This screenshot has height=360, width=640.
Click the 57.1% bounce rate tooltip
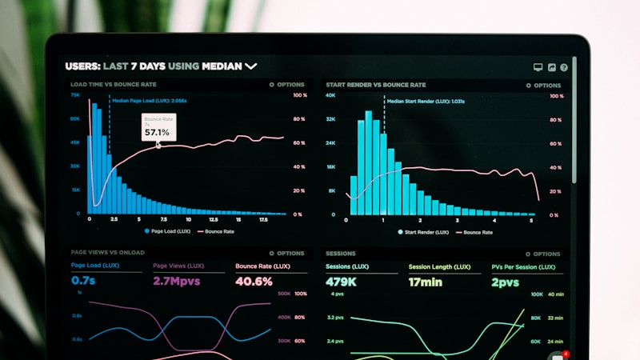coord(158,128)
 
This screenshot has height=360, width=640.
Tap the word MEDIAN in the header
coord(222,66)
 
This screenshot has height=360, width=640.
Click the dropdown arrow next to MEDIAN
coord(251,66)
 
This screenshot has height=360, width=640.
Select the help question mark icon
coord(564,68)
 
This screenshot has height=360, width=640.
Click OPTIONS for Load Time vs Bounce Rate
coord(287,85)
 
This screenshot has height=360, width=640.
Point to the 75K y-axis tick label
coord(74,94)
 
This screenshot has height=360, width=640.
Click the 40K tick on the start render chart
coord(330,95)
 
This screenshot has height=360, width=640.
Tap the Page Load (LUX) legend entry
coord(168,231)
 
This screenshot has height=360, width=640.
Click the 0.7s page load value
coord(83,281)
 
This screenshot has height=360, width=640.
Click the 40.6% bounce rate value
coord(254,282)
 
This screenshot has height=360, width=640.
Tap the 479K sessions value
coord(341,282)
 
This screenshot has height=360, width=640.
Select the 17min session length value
coord(426,282)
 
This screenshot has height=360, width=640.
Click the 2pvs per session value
coord(506,282)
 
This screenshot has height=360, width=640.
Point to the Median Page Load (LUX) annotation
coord(150,101)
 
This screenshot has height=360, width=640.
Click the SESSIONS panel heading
coord(341,254)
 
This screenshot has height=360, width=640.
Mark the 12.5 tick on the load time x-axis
coord(214,219)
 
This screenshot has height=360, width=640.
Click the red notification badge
coord(566,353)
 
